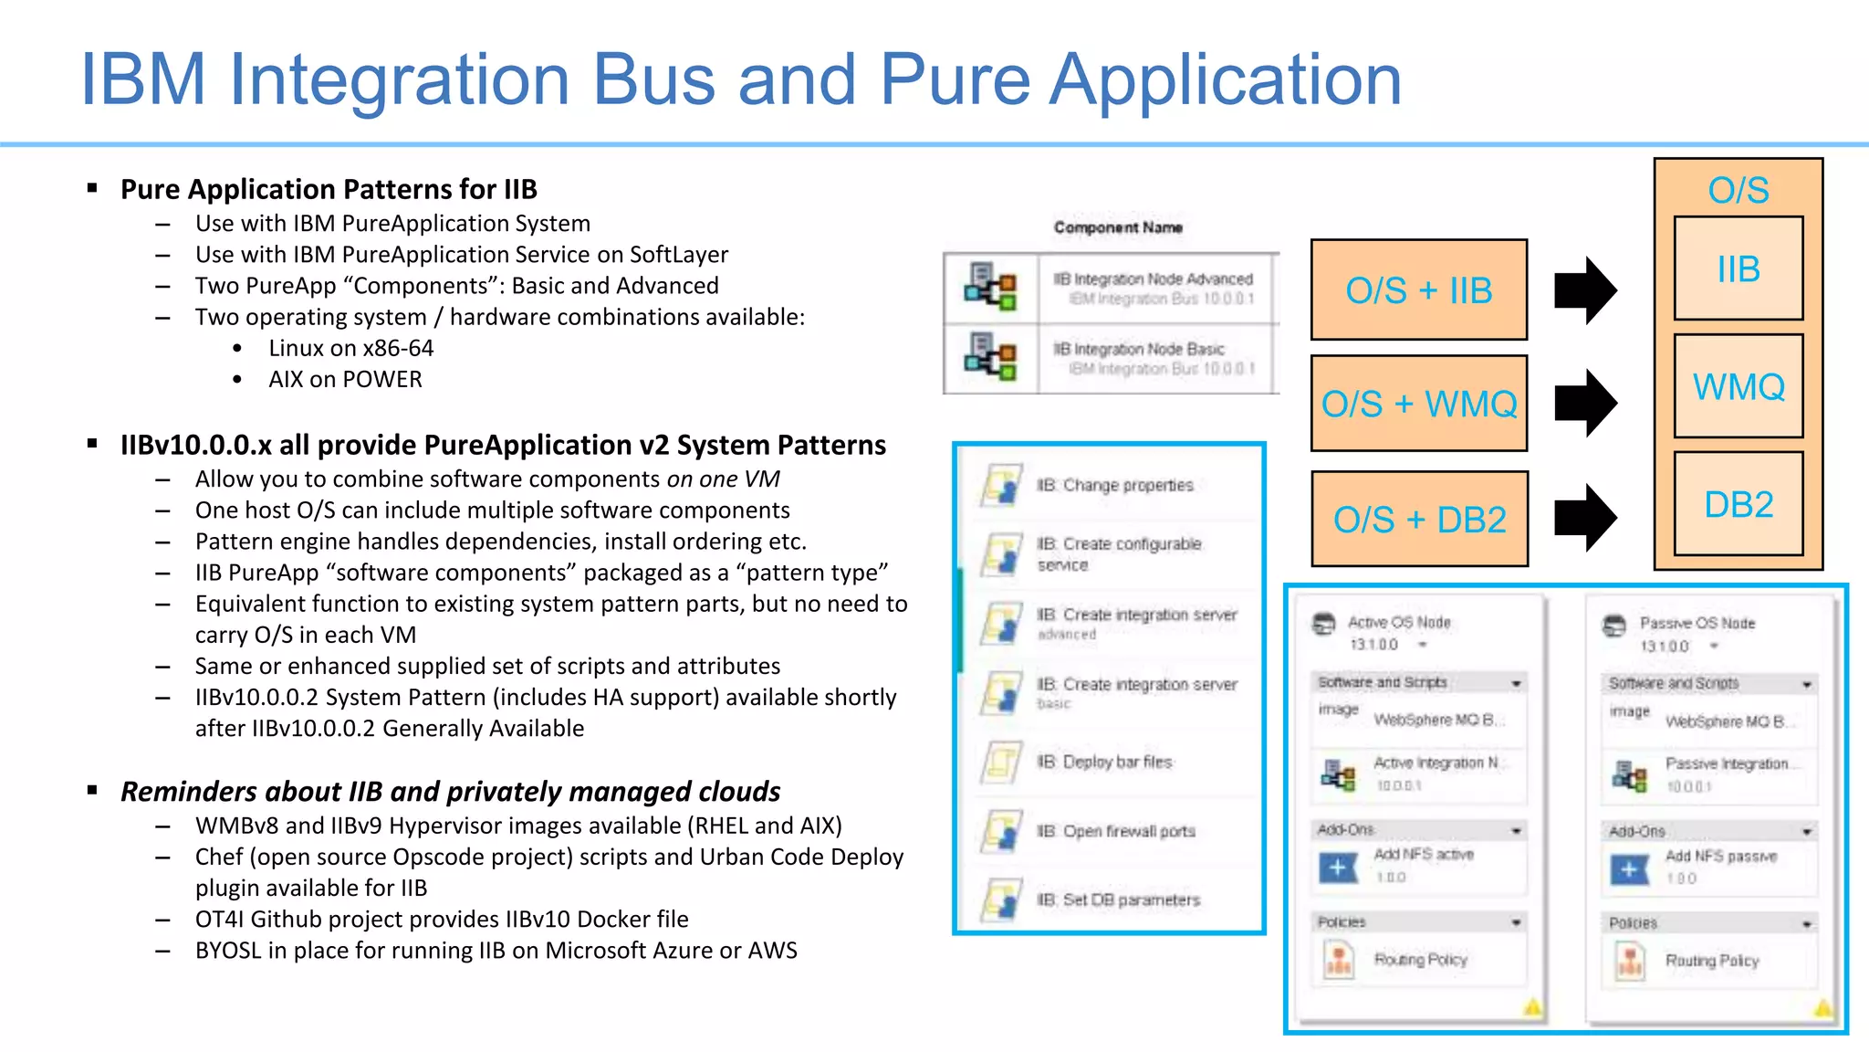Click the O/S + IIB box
coord(1418,290)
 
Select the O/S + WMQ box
coord(1418,404)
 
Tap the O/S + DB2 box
coord(1418,520)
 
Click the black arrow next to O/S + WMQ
coord(1586,403)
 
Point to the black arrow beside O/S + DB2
coord(1586,518)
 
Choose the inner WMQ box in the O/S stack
coord(1738,386)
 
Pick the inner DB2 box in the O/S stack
coord(1738,504)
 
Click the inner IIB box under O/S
coord(1738,269)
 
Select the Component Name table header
coord(1118,227)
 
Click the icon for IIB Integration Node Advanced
coord(990,288)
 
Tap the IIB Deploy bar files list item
coord(1104,762)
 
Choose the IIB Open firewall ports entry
coord(1115,831)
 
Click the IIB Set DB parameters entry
coord(1117,899)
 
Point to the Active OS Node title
coord(1398,622)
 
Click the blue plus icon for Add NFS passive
coord(1629,869)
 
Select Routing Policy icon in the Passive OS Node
coord(1630,961)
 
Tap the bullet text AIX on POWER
coord(345,379)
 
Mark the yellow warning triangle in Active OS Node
coord(1532,1008)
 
